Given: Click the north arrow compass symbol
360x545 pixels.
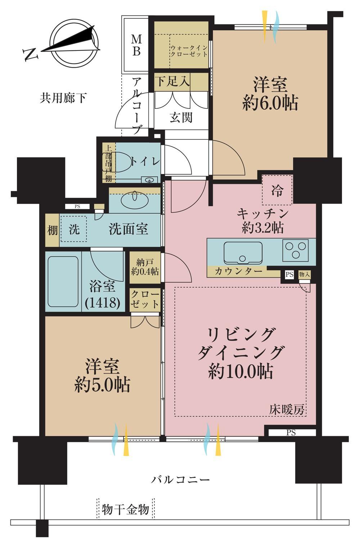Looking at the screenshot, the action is (73, 44).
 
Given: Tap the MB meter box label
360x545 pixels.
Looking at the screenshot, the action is (136, 45).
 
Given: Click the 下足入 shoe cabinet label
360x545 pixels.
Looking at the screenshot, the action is (172, 81).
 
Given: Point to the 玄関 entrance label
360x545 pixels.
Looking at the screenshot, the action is (181, 117).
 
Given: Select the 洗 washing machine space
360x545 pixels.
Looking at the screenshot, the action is (74, 229).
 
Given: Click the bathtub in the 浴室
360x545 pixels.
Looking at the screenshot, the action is (63, 282).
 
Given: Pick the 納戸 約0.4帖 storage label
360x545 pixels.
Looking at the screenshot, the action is (145, 267).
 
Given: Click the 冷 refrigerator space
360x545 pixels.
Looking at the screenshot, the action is (277, 190).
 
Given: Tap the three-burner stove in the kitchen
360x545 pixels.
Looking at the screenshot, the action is (295, 250).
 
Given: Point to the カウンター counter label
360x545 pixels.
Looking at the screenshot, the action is (238, 271).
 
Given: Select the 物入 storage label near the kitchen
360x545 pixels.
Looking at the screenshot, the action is (304, 274).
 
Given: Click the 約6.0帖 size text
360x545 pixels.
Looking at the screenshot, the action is (270, 104).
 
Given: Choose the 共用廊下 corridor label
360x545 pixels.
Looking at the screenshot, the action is (63, 98).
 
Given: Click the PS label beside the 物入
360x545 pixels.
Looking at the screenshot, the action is (289, 274).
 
